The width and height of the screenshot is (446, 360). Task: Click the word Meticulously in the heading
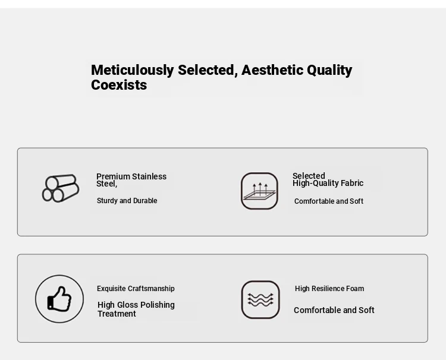(132, 70)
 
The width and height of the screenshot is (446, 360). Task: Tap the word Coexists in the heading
(119, 85)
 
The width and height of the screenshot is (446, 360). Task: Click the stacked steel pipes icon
(61, 188)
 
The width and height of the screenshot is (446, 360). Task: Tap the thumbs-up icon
(59, 299)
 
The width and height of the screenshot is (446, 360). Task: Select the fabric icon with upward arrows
(259, 191)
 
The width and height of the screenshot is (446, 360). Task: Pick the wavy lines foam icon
(260, 300)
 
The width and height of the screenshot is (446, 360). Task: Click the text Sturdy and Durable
(127, 201)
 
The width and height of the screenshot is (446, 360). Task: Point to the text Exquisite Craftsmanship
(136, 289)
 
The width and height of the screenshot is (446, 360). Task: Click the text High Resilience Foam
(329, 289)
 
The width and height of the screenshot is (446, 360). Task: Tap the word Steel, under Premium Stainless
(106, 184)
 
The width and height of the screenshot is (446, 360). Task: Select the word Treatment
(117, 314)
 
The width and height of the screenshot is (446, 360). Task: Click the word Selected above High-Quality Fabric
(309, 176)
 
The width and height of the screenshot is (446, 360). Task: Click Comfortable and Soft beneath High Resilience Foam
(334, 310)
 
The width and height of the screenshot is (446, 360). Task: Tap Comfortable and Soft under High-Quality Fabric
(329, 201)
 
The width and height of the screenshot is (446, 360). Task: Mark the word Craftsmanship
(151, 289)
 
